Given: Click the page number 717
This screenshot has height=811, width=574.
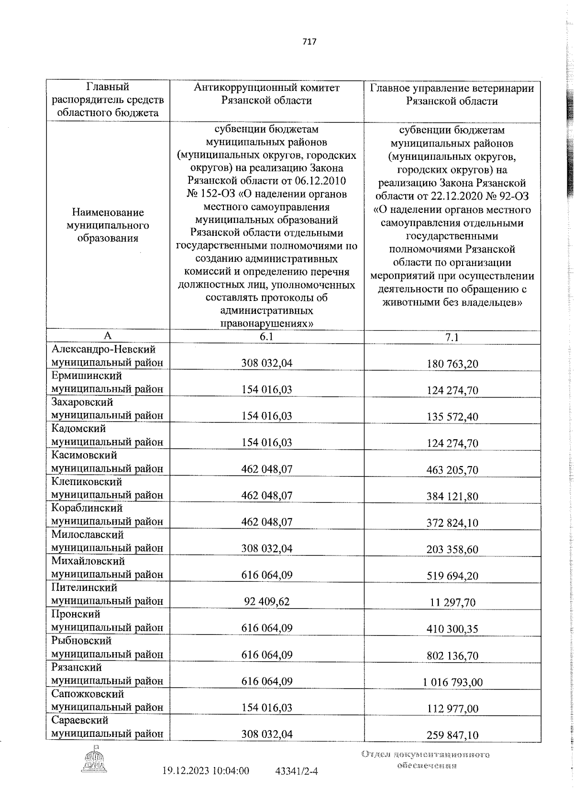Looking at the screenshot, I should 309,42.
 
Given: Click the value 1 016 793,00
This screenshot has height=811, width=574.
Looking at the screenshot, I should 452,682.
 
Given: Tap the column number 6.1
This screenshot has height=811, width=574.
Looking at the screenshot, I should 266,337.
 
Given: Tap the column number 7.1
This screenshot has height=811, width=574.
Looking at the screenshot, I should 452,337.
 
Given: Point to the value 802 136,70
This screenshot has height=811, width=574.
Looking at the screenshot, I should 452,655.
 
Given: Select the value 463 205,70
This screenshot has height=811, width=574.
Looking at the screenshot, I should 452,470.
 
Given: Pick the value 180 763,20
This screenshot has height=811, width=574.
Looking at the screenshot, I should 452,364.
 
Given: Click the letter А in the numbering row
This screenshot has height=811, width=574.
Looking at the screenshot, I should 108,336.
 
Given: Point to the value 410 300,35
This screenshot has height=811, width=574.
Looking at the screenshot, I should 452,629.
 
